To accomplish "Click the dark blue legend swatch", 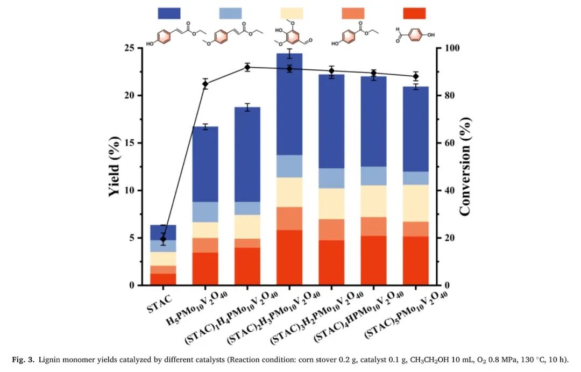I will click(169, 13).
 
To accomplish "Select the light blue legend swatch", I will click(231, 13).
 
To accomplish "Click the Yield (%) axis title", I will click(115, 167).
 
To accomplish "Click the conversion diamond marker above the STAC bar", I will click(163, 239).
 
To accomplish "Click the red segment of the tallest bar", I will click(289, 257).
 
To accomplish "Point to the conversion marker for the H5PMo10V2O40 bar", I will click(206, 84).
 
